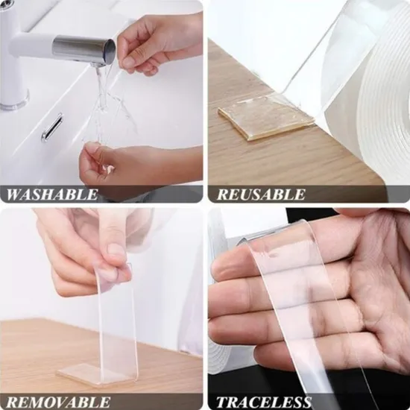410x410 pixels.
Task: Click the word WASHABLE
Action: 51,195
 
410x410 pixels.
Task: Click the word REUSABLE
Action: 261,195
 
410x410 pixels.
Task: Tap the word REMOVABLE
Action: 58,402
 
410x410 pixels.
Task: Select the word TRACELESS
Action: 264,402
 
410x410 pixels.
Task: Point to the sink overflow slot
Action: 52,127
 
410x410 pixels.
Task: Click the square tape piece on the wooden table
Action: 266,118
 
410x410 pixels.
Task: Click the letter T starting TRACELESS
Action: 221,402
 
